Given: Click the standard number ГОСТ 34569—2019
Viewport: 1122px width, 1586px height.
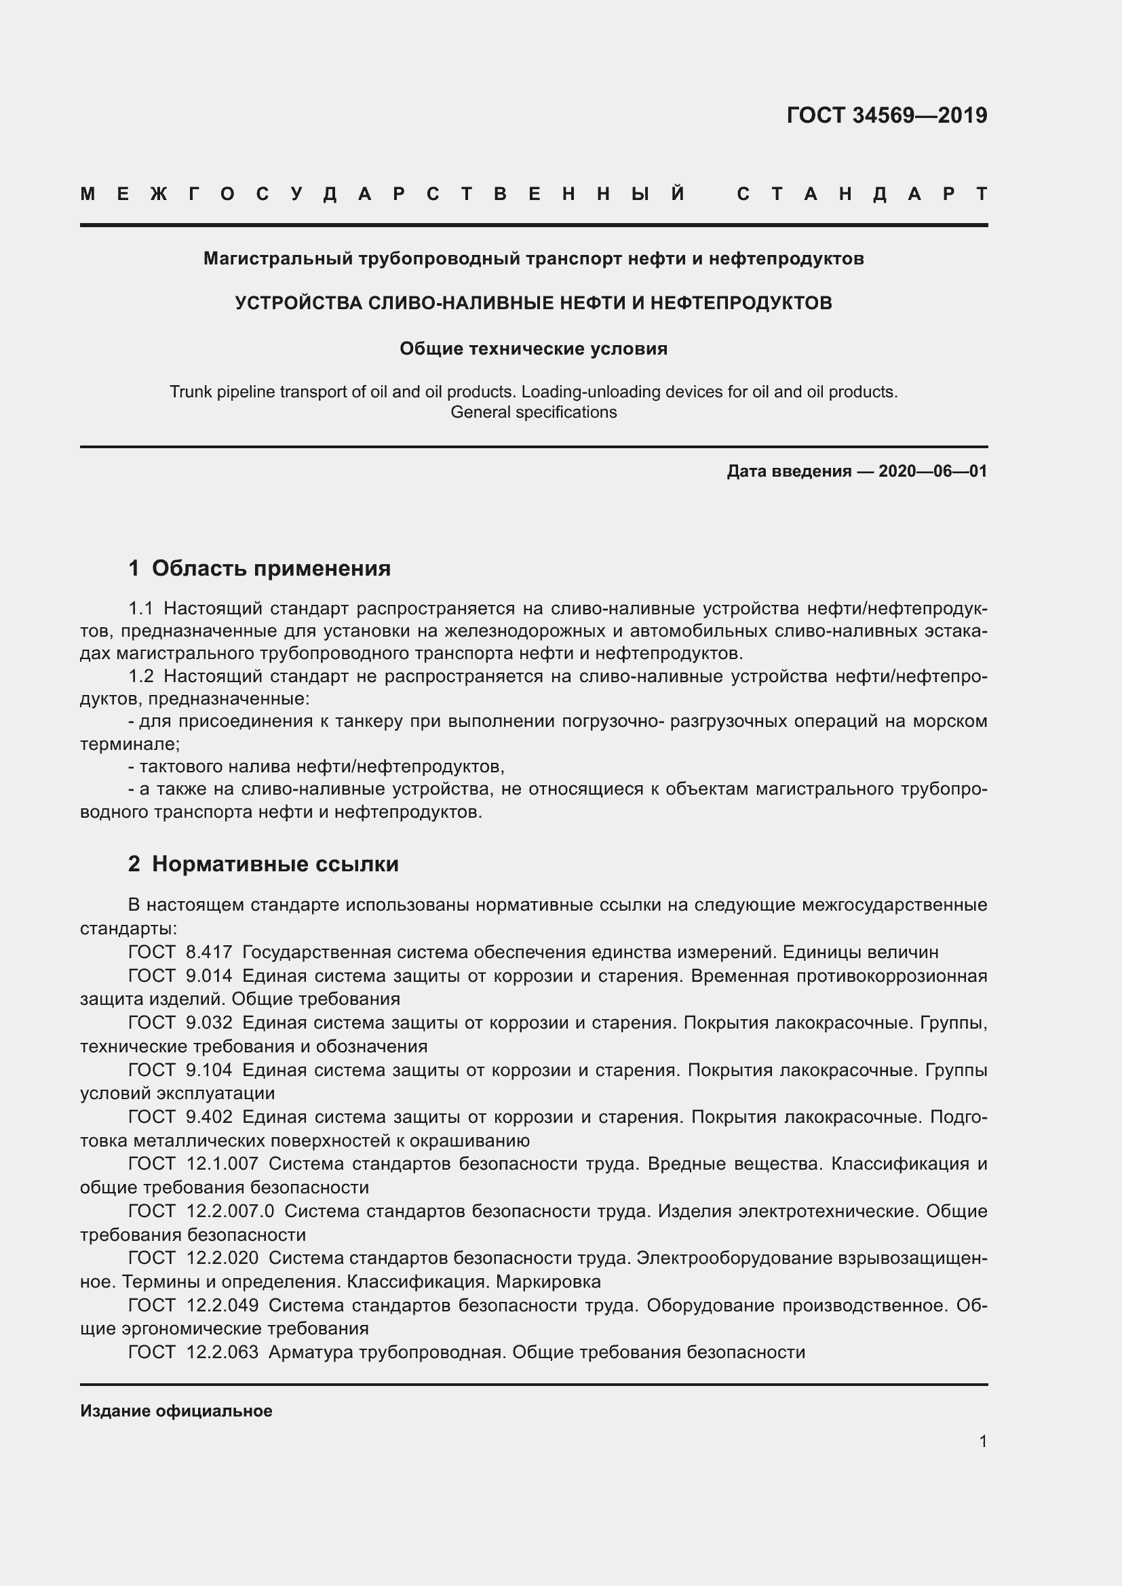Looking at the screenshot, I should point(887,115).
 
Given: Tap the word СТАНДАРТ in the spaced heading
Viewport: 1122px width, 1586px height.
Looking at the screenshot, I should point(862,194).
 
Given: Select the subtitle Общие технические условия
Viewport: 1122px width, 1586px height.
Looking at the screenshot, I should point(533,349).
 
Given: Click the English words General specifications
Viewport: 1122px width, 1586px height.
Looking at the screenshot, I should point(533,412).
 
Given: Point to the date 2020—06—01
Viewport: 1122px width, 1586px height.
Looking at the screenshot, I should point(933,471).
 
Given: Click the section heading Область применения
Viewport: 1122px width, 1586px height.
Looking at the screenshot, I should point(271,568).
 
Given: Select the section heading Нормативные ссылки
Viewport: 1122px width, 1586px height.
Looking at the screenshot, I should point(275,864).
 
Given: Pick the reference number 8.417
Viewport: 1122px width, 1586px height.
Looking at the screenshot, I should point(209,953).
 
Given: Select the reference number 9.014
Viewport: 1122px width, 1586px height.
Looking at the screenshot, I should point(209,976).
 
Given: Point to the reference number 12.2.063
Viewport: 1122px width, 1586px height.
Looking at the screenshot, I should point(222,1352).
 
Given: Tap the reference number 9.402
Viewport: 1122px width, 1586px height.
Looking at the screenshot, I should point(209,1117).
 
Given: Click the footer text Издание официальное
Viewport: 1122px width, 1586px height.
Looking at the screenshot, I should point(176,1410).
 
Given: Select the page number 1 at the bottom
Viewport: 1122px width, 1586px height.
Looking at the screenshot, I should point(982,1441).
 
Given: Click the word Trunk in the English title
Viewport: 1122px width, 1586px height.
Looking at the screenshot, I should point(190,392).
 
